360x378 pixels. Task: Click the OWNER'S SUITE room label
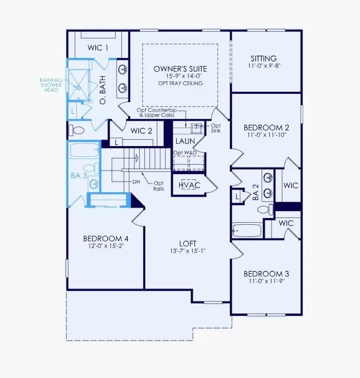(180, 69)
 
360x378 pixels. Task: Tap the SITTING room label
(263, 58)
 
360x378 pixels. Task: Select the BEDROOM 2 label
(266, 127)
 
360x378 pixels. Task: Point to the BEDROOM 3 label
(266, 274)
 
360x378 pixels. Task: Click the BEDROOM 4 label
(106, 239)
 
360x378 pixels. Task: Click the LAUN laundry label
(184, 141)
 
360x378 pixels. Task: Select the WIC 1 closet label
(98, 48)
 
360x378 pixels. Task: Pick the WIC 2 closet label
(142, 130)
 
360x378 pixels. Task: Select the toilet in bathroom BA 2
(263, 209)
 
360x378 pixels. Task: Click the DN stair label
(136, 182)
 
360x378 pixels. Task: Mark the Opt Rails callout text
(158, 185)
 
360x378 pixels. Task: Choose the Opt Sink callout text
(215, 129)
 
